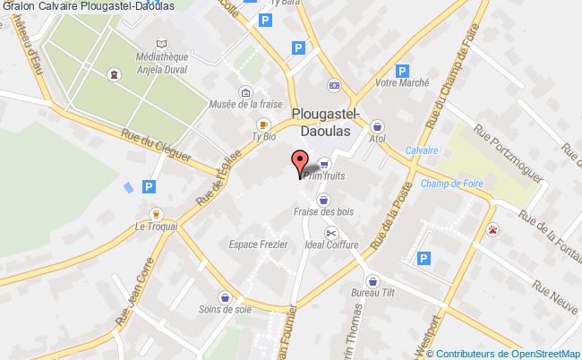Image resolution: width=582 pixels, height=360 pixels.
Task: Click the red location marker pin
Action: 298,161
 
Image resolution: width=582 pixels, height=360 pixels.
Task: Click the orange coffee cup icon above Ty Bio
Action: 263,124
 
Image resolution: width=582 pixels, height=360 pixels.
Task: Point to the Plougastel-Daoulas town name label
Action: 326,121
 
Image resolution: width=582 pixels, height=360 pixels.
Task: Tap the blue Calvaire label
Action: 421,150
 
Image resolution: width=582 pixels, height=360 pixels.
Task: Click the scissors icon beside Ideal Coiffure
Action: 330,233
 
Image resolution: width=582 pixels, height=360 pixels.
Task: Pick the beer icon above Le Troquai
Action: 156,214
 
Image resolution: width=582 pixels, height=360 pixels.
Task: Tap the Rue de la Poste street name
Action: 393,222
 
